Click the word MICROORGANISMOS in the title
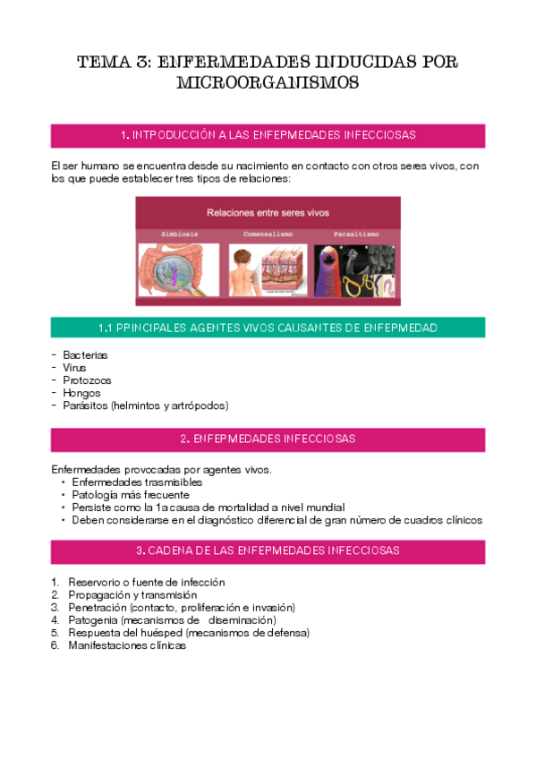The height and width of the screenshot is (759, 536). [268, 83]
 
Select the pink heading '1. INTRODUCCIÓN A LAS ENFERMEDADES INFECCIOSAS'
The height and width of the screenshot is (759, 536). [268, 135]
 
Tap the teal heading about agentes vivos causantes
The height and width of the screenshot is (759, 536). [268, 328]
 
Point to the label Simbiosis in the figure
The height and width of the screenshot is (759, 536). [179, 234]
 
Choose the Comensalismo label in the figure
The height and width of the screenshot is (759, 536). [268, 234]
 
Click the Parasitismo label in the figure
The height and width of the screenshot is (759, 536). [354, 234]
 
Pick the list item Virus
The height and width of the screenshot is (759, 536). [74, 368]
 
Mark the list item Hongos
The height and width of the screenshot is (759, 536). [81, 393]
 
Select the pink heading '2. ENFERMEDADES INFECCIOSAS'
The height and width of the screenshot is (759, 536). [268, 439]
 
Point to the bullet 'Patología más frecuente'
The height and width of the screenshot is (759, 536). [130, 495]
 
